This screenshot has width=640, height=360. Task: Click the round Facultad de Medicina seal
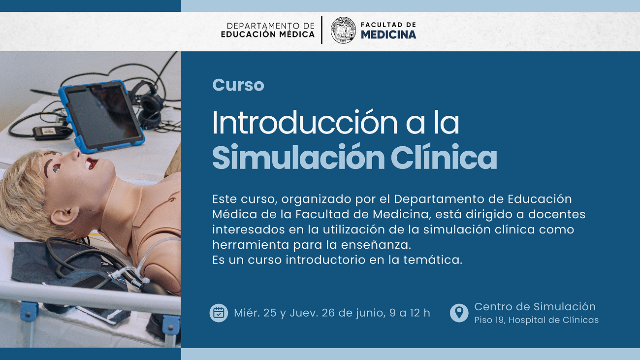pos(343,30)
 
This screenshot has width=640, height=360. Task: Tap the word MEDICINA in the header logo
pos(388,35)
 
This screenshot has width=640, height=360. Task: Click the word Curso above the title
pos(238,85)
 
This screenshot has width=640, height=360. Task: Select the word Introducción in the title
pos(305,122)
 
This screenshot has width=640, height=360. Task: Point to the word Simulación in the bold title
pos(298,157)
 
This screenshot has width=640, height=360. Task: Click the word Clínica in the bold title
pos(444,157)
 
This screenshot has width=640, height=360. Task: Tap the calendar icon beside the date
pos(219,313)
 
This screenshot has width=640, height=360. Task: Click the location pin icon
pos(459,313)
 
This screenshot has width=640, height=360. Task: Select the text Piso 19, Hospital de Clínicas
pos(536,320)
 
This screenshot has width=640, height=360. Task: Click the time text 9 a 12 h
pos(410,313)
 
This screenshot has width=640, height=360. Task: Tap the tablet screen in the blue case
pos(102,116)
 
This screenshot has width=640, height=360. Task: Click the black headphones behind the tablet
pos(149,106)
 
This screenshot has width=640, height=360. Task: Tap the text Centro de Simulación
pos(535,307)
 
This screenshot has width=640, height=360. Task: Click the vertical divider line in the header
pos(322,30)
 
